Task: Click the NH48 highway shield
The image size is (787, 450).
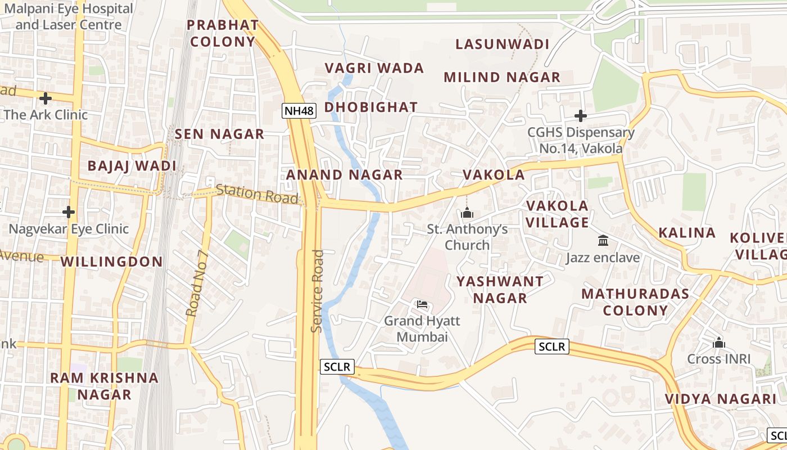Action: [299, 111]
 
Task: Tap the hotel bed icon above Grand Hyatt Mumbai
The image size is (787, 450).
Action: [422, 304]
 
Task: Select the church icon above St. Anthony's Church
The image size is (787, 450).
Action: [467, 213]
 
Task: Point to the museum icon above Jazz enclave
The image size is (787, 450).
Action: [603, 241]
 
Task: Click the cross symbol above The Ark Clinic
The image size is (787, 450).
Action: [46, 98]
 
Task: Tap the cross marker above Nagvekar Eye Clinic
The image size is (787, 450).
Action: [69, 212]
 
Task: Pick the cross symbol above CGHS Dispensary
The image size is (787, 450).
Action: [581, 116]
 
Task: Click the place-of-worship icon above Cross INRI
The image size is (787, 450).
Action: [718, 342]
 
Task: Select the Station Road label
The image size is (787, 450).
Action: [257, 194]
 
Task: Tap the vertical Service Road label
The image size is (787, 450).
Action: [317, 291]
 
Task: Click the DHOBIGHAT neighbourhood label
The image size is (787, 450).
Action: [371, 107]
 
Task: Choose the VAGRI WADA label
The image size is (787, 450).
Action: [374, 68]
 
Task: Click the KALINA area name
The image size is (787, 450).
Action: [687, 232]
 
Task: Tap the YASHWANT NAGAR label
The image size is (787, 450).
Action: [500, 289]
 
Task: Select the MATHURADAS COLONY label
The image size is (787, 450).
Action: [635, 301]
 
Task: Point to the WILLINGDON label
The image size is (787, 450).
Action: [111, 262]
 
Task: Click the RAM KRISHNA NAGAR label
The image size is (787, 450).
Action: [105, 385]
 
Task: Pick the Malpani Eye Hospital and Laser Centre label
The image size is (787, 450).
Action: [69, 17]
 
